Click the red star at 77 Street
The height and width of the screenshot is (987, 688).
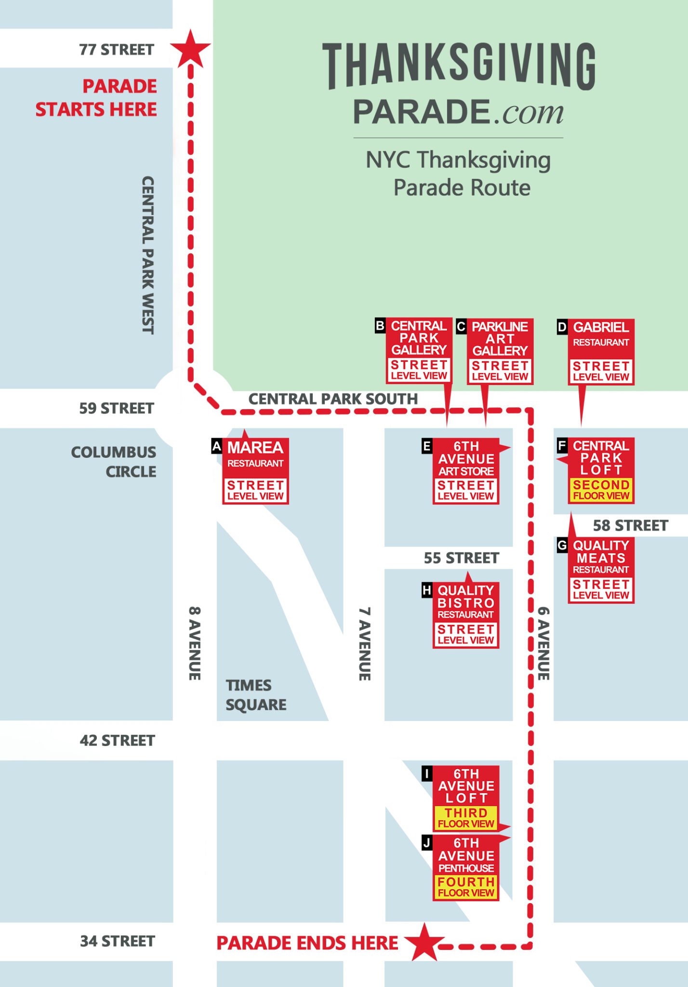pyautogui.click(x=191, y=49)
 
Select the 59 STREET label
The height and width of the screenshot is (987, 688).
pyautogui.click(x=117, y=408)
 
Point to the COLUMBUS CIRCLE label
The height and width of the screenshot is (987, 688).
pyautogui.click(x=114, y=462)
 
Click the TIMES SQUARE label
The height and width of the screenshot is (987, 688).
pyautogui.click(x=256, y=695)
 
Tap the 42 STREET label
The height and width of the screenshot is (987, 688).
pyautogui.click(x=117, y=740)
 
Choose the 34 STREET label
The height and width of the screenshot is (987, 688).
pyautogui.click(x=117, y=941)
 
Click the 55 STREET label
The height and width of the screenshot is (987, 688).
pyautogui.click(x=461, y=558)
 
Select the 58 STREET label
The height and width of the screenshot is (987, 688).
pyautogui.click(x=630, y=525)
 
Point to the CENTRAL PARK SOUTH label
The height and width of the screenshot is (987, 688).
pyautogui.click(x=333, y=399)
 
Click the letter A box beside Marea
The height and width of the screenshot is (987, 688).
pyautogui.click(x=217, y=447)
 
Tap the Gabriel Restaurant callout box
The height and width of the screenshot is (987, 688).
pyautogui.click(x=601, y=351)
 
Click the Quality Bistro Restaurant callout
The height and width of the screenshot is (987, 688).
pyautogui.click(x=465, y=614)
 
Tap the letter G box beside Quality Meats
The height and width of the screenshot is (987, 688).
pyautogui.click(x=562, y=546)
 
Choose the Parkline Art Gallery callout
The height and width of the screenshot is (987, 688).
pyautogui.click(x=500, y=351)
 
